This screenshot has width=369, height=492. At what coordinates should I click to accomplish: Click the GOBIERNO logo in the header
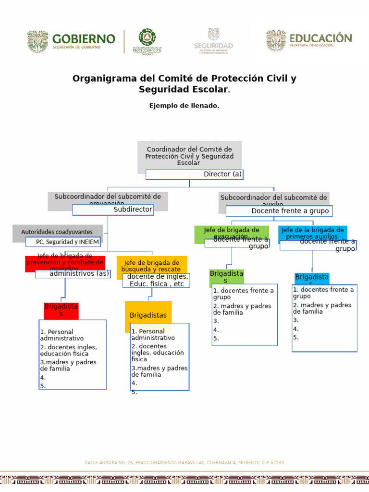(71, 41)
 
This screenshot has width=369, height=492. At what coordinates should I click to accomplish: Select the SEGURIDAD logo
(213, 41)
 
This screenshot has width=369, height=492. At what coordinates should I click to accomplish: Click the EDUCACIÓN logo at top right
(309, 40)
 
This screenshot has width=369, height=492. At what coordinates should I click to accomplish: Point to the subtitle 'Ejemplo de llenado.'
(184, 106)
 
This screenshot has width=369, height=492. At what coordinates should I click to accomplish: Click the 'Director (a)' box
(195, 174)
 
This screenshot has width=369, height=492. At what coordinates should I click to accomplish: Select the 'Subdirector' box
(113, 209)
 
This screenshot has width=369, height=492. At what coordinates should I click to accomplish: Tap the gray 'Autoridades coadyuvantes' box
(58, 232)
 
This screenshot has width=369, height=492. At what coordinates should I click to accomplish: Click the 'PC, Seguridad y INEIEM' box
(63, 242)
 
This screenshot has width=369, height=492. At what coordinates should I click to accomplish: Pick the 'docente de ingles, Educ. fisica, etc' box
(156, 280)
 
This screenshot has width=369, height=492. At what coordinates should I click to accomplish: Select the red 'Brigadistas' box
(61, 310)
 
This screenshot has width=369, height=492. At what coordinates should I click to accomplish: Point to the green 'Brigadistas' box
(226, 276)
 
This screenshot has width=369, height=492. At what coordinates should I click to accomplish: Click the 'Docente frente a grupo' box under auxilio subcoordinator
(279, 211)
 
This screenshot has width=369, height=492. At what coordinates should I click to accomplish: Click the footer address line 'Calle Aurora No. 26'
(184, 463)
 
